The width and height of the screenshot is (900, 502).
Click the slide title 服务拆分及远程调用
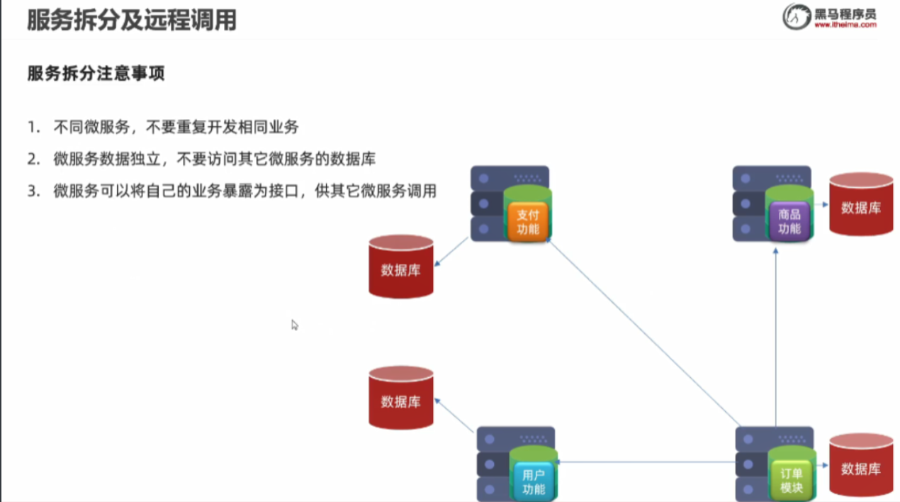(x=131, y=21)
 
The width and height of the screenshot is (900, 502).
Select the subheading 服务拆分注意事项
(x=96, y=74)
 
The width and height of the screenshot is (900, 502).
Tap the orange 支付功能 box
(x=528, y=222)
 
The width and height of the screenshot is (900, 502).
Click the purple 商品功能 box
(x=789, y=221)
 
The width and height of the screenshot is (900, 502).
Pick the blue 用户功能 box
(x=533, y=481)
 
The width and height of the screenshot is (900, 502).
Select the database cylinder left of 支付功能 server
(x=400, y=267)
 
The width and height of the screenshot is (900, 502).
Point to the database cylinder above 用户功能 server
(x=400, y=398)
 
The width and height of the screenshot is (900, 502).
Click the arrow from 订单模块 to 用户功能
(x=645, y=462)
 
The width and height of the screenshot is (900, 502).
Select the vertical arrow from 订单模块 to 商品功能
(x=777, y=333)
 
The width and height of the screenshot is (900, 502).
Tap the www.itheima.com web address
(x=845, y=25)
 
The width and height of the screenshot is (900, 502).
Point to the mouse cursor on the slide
(x=294, y=324)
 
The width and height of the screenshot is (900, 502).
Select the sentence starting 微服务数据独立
(x=214, y=160)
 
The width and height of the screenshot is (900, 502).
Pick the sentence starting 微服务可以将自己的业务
(x=244, y=191)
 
